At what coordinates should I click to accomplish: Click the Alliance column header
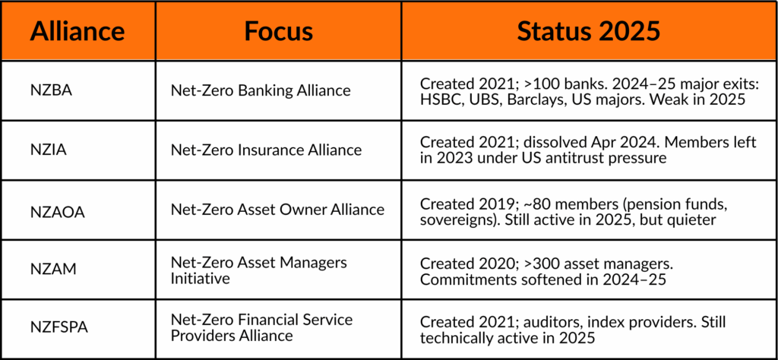pos(77,31)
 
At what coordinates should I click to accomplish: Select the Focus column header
pos(278,31)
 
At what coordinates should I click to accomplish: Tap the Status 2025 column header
pos(589,31)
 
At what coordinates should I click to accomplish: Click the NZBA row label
pos(50,91)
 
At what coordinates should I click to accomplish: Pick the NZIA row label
pos(48,150)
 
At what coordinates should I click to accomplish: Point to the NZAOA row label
pos(57,212)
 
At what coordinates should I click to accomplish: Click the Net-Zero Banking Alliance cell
pos(261,90)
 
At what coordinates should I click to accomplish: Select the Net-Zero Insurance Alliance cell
pos(267,150)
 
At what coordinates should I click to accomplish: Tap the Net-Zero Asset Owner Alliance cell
pos(278,210)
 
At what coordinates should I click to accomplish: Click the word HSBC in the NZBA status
pos(437,99)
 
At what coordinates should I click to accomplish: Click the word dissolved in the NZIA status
pos(546,143)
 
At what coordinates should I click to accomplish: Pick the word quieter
pos(691,219)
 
